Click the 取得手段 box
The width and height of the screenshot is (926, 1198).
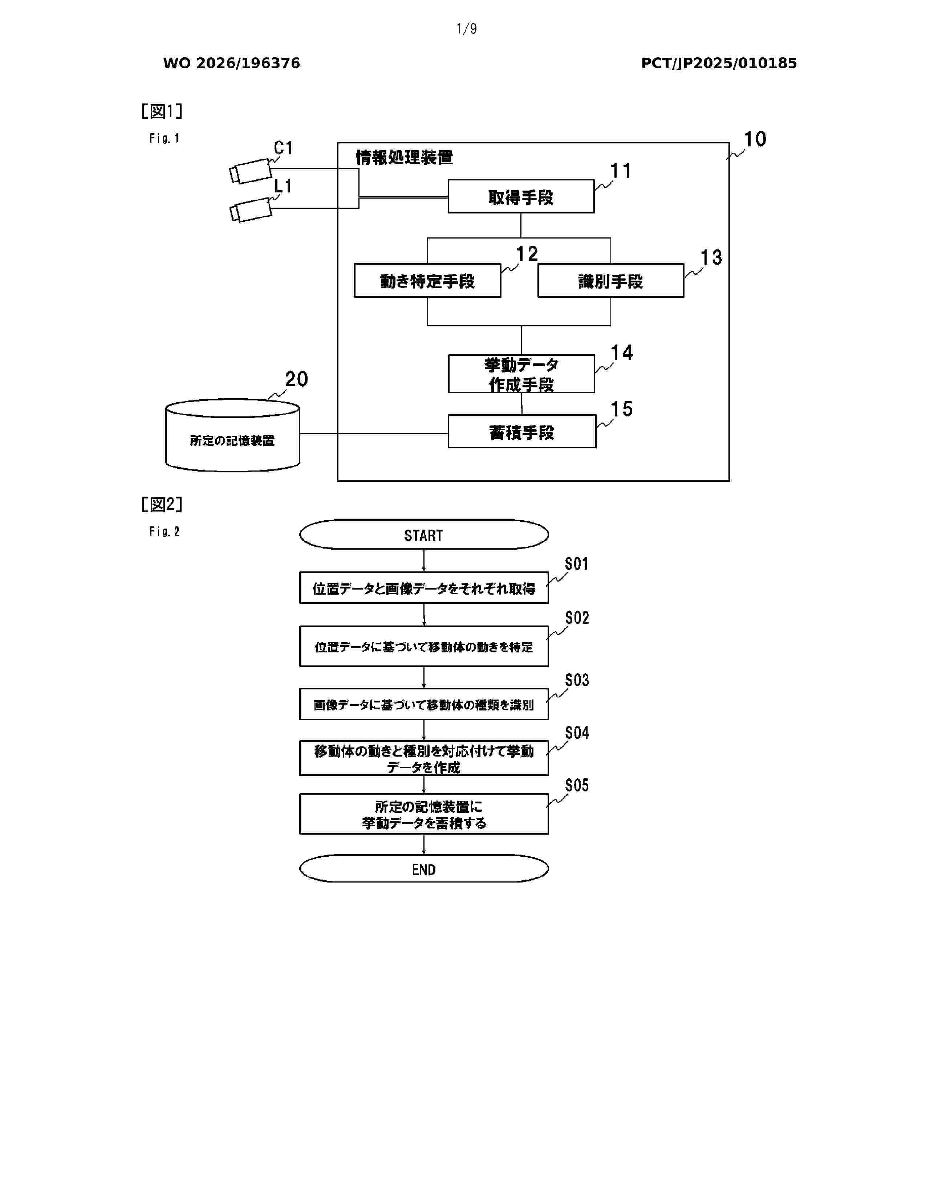point(521,196)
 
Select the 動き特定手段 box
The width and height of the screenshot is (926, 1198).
point(427,280)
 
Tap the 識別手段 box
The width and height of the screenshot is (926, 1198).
point(610,280)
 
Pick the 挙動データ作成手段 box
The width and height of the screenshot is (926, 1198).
point(521,374)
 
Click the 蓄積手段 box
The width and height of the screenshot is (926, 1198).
point(522,431)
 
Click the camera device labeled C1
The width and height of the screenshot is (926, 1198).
point(251,171)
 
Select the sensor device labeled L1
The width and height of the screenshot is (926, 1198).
point(251,209)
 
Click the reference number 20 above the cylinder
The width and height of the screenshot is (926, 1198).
point(296,379)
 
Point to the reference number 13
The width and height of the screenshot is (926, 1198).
point(711,257)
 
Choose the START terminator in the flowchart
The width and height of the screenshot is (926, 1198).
point(423,534)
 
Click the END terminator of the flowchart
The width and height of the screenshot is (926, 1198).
point(423,868)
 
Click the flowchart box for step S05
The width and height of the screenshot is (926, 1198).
point(423,814)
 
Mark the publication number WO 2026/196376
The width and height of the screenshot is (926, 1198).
point(232,63)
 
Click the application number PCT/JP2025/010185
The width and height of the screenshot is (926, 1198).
point(719,63)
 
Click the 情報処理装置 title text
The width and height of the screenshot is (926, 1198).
point(404,158)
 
